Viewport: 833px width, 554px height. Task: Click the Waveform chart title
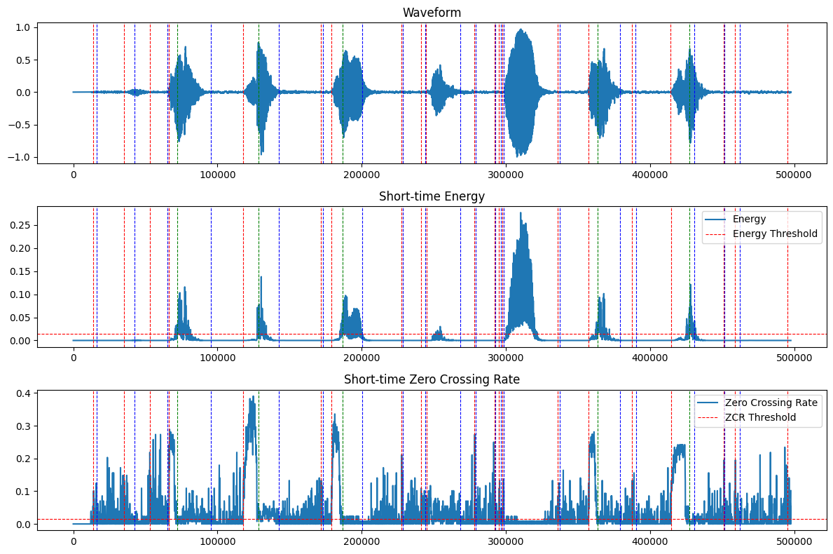(x=432, y=13)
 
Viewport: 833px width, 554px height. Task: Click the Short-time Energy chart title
(x=432, y=196)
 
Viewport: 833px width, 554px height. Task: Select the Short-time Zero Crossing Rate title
(x=432, y=379)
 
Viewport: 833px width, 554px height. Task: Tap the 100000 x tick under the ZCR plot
(x=217, y=541)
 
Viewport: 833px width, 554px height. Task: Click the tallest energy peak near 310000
(x=521, y=213)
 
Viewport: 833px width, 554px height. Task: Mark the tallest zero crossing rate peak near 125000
(x=253, y=397)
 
